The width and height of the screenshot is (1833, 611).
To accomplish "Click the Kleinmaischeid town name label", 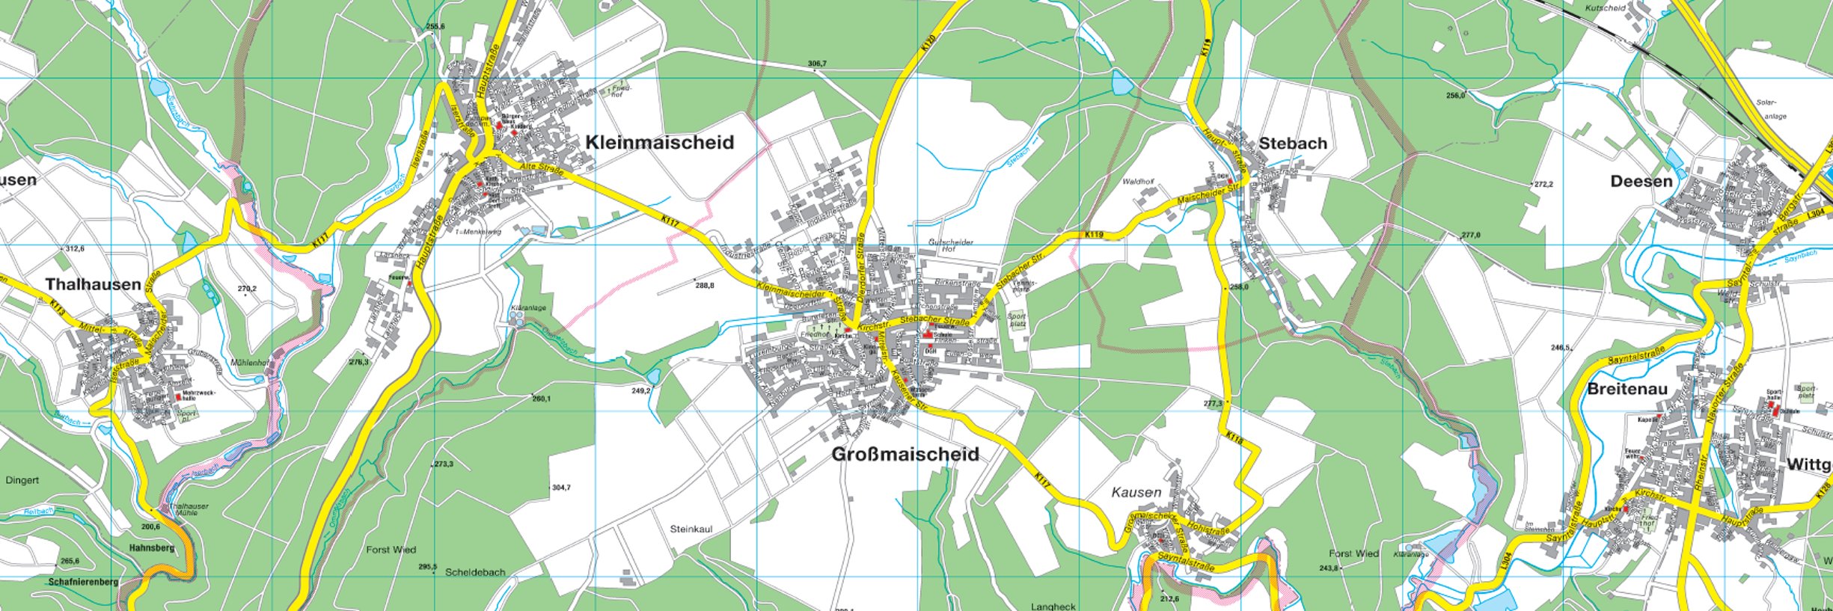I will [x=659, y=142].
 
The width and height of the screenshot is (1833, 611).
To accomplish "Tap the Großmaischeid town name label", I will [x=905, y=454].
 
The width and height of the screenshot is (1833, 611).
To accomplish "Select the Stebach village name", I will [x=1292, y=143].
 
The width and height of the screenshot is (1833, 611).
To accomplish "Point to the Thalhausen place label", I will [x=93, y=284].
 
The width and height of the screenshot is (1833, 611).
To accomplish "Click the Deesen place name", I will [x=1641, y=181].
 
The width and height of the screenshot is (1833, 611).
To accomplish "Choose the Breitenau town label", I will [x=1627, y=389].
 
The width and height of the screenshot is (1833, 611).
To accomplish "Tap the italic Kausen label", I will [x=1136, y=492].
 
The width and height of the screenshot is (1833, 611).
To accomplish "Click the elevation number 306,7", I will [x=817, y=64].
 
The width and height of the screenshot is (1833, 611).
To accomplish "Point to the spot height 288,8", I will [x=704, y=285].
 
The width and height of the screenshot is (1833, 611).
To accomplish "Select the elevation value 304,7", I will [x=560, y=488].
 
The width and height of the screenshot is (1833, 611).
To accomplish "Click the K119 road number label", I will [x=1093, y=235].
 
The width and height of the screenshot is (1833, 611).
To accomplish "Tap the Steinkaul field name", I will [x=691, y=529].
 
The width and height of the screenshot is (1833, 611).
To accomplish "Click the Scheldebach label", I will [x=474, y=572].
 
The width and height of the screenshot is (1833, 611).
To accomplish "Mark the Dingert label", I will [x=22, y=480].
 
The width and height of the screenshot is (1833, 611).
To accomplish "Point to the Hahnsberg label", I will [x=152, y=547].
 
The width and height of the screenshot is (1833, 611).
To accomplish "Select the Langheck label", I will [x=1053, y=606].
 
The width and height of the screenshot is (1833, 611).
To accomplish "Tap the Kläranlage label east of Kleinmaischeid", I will [x=527, y=308].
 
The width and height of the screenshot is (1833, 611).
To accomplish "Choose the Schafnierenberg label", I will [x=82, y=581].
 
